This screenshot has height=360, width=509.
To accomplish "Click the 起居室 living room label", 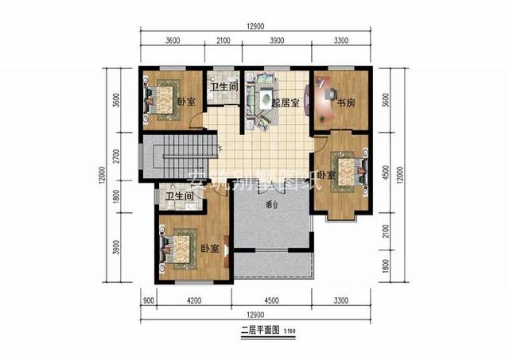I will pyautogui.click(x=284, y=103).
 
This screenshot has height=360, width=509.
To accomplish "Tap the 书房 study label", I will pyautogui.click(x=345, y=103).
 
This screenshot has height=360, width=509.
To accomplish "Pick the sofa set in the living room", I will pyautogui.click(x=258, y=101).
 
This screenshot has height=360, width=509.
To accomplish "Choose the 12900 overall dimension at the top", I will pyautogui.click(x=255, y=26).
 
